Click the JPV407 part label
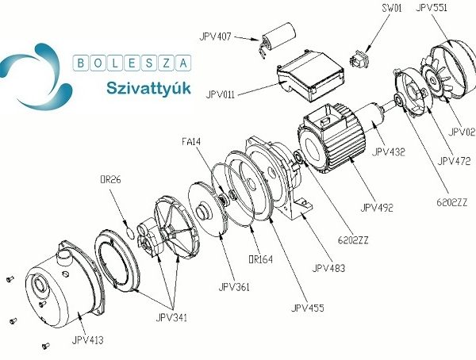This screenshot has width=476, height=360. click(215, 36)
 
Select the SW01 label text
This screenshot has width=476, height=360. click(392, 8)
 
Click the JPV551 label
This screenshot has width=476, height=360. click(432, 7)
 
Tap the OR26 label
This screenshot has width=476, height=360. click(110, 179)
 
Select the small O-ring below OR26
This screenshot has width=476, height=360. click(130, 233)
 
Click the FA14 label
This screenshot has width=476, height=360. click(191, 141)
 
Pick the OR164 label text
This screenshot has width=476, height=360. click(260, 259)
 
